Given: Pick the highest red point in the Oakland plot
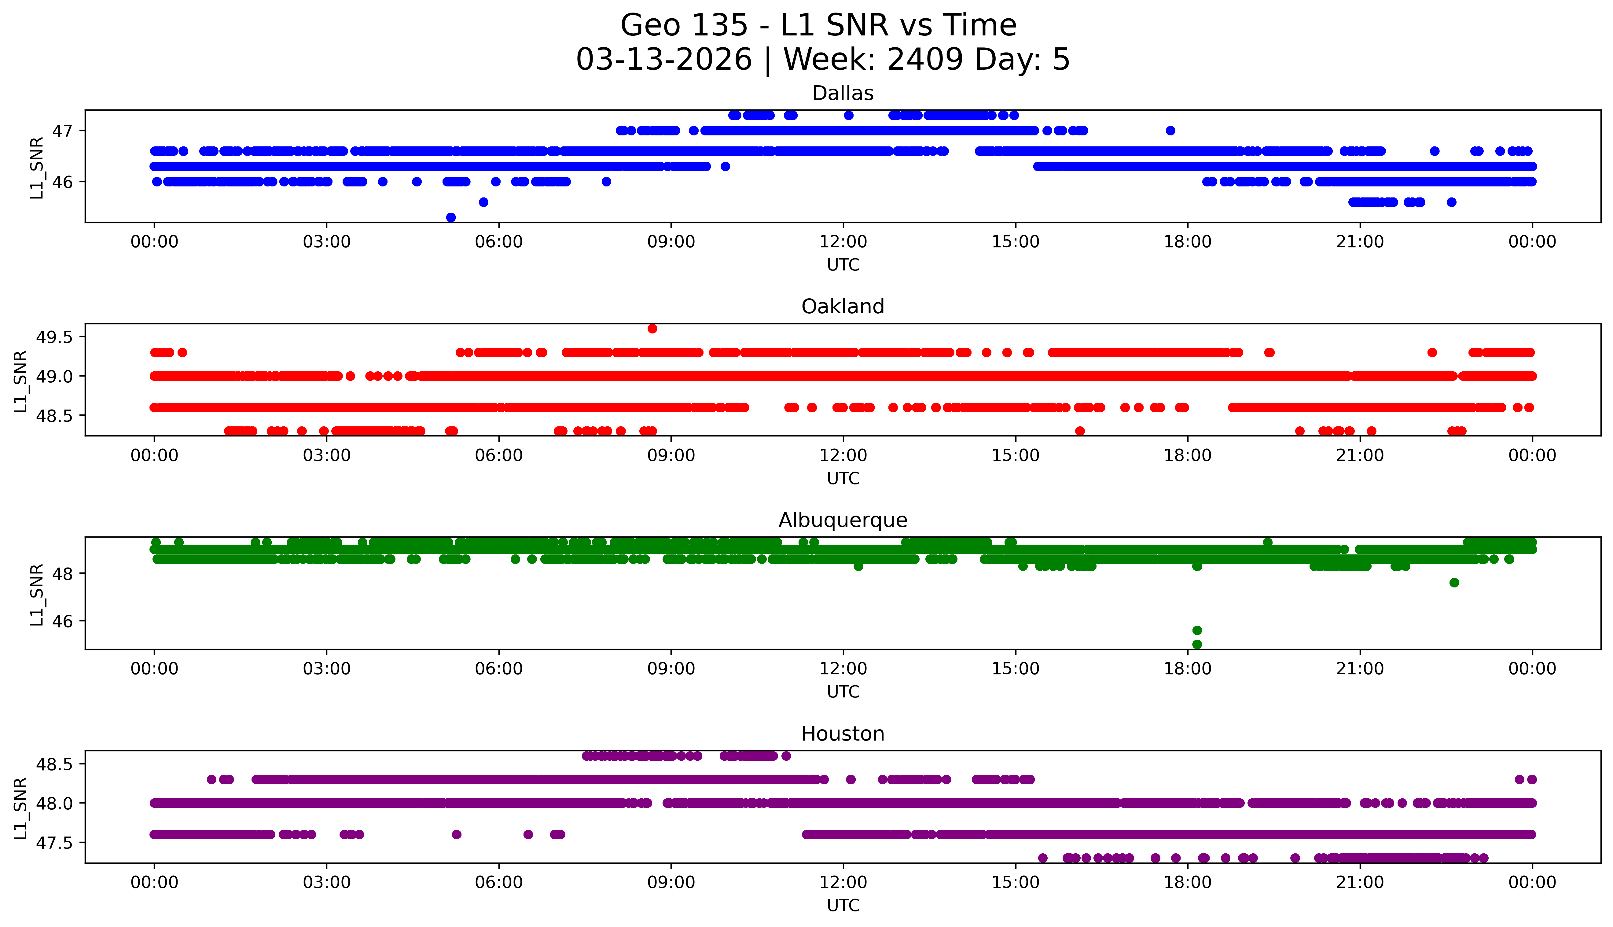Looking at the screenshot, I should (x=652, y=329).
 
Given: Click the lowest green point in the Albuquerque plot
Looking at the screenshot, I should (x=1197, y=644).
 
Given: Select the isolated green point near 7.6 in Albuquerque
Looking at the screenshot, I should (x=1454, y=583).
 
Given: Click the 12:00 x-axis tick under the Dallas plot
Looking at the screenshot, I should (x=843, y=242).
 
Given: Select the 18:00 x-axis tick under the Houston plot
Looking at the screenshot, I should (x=1188, y=882).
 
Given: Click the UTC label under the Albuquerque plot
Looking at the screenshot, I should (x=843, y=692).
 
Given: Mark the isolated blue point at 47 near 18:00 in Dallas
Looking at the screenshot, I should (x=1170, y=131).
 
